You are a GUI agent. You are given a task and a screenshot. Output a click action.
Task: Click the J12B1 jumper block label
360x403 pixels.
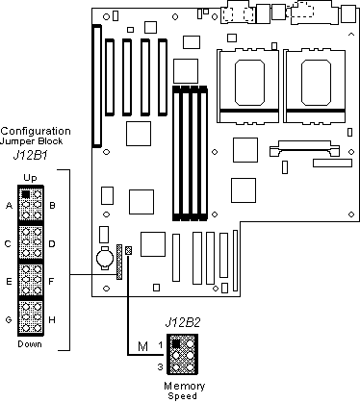tap(31, 156)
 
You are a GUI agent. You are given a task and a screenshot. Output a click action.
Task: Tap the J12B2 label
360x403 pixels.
tap(183, 322)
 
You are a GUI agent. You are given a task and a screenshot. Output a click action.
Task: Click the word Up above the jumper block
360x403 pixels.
tap(30, 178)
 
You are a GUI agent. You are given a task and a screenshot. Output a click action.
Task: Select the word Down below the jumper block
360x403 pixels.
tap(30, 344)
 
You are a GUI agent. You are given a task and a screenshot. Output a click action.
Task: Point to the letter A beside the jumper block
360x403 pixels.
tap(9, 205)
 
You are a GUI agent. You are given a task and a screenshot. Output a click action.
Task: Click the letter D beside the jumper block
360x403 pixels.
tap(52, 244)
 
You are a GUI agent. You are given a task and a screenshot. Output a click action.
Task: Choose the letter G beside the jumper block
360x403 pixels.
tap(9, 319)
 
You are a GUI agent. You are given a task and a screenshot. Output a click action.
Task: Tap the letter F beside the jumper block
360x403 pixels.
tap(51, 282)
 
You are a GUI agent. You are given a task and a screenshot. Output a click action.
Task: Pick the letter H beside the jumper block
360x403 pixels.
tap(52, 319)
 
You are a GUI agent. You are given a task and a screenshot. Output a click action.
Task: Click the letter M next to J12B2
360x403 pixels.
tap(142, 346)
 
